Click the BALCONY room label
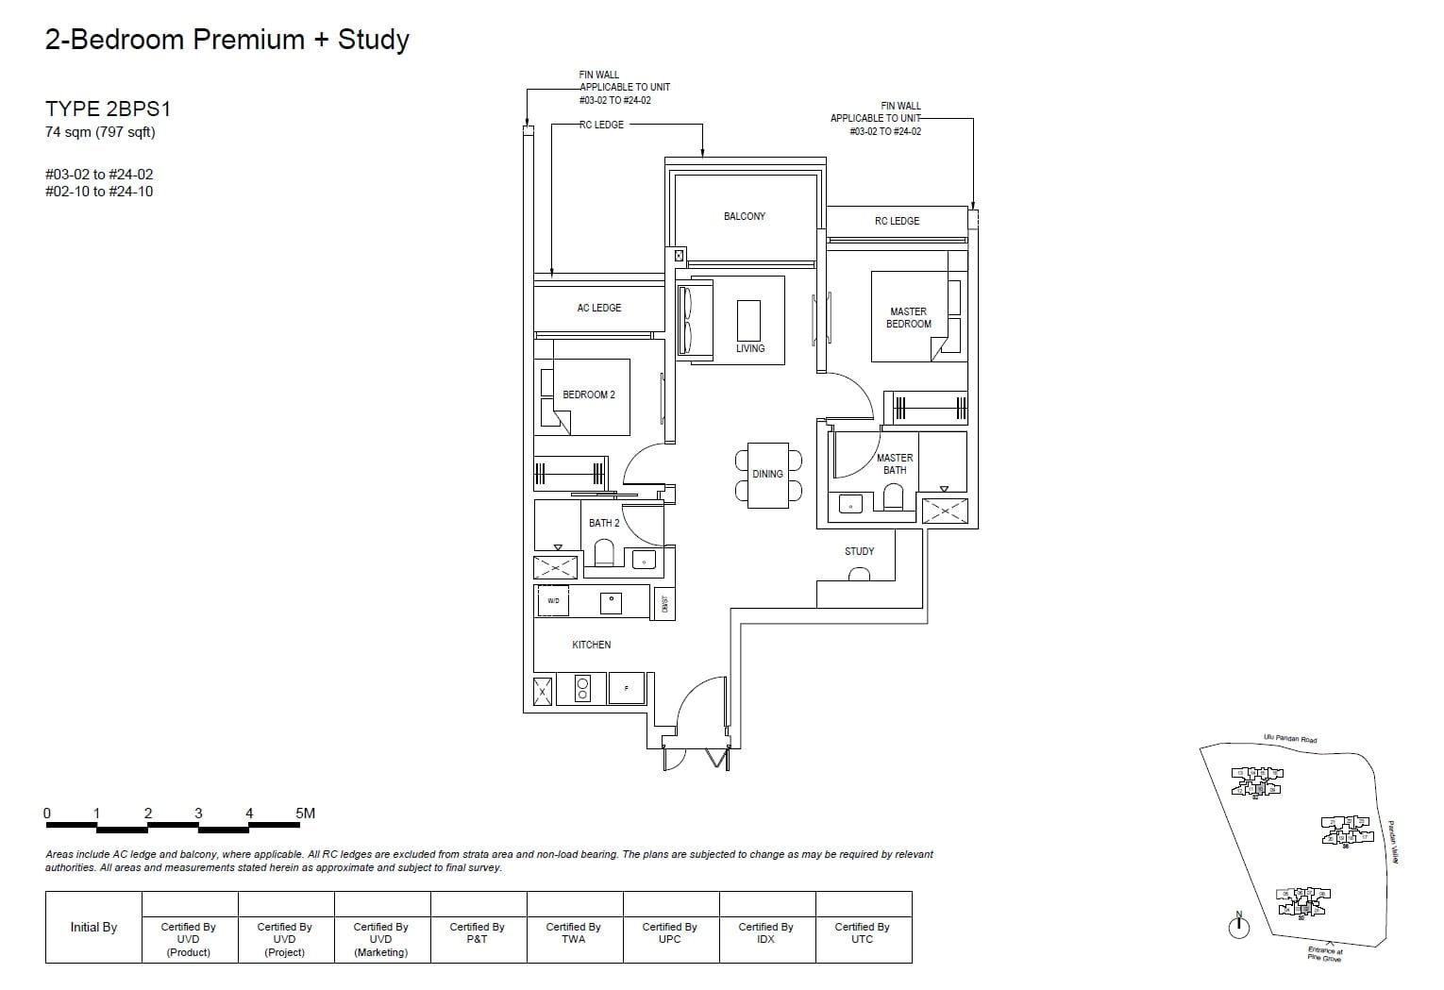(x=744, y=216)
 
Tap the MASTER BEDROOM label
(x=908, y=317)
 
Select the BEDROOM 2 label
(x=588, y=394)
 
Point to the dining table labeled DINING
(x=767, y=475)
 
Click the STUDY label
(x=859, y=551)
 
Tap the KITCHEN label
(x=591, y=645)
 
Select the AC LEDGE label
(x=598, y=308)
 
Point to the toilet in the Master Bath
(x=893, y=497)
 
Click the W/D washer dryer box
(x=553, y=600)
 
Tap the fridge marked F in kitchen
(x=627, y=689)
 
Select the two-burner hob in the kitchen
(x=582, y=689)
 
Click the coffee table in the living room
(x=748, y=320)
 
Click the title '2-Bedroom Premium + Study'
(x=227, y=40)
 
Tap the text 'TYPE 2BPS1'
(x=108, y=109)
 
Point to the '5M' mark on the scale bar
(x=305, y=813)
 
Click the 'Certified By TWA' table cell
(x=573, y=932)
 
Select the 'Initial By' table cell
(x=93, y=927)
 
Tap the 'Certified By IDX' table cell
(x=765, y=932)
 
